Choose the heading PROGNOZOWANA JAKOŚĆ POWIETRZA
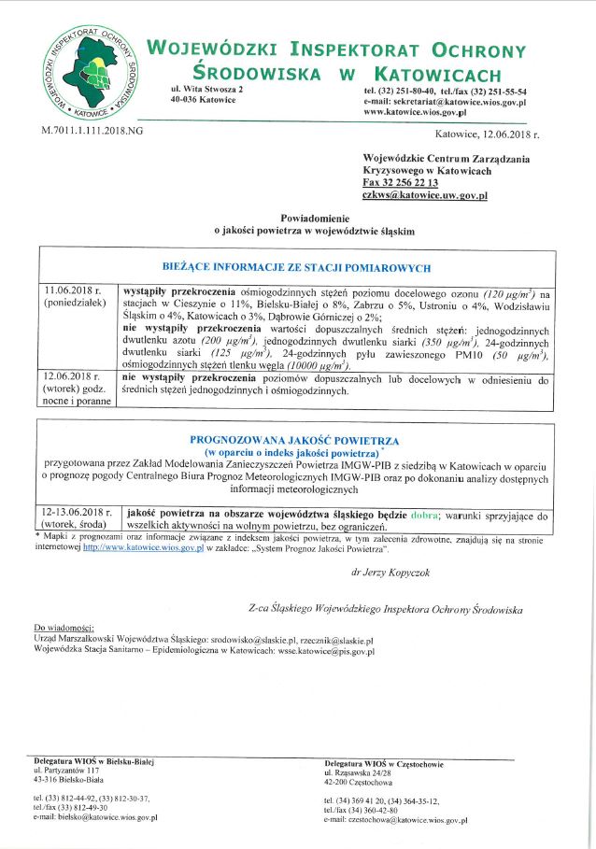pos(295,439)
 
